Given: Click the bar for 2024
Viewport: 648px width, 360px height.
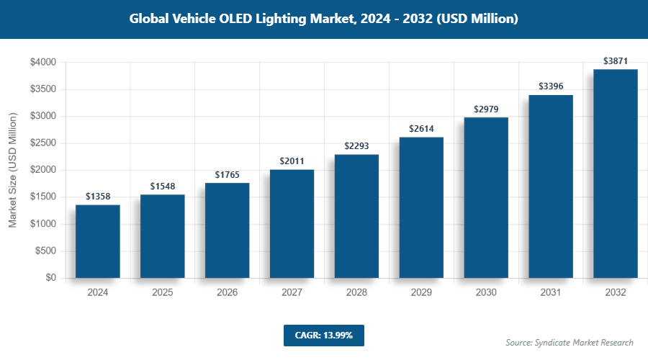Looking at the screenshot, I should [97, 241].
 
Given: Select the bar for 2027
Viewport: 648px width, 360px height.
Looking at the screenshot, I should [292, 223].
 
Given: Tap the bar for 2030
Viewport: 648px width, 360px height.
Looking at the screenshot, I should [486, 197].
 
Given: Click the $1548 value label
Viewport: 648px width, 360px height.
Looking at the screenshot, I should [162, 186].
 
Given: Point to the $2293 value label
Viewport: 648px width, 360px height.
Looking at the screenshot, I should [356, 146].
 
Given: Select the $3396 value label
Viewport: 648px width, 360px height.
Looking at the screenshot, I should [551, 86].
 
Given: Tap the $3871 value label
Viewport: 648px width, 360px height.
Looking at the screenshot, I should [616, 61].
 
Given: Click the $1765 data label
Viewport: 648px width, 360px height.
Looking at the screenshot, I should [227, 175].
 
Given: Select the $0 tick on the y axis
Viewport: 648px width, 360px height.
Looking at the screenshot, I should [50, 278].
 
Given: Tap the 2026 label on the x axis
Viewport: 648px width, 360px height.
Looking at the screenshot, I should [227, 293].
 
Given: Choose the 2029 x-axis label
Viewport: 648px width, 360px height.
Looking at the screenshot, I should [421, 293].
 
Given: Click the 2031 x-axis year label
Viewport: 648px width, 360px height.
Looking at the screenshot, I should [551, 293].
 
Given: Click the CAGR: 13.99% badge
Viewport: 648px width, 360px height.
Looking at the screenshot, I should [323, 336].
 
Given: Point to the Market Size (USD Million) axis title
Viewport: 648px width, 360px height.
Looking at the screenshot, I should [12, 170].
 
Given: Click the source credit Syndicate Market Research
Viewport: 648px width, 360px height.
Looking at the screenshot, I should [569, 343].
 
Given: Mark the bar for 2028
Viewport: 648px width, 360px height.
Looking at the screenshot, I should [356, 216].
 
